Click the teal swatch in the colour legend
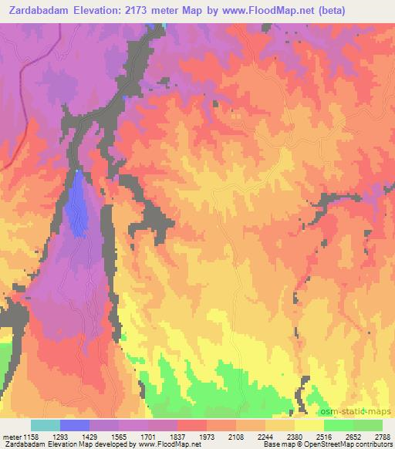(x=45, y=425)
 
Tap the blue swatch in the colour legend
(x=74, y=425)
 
